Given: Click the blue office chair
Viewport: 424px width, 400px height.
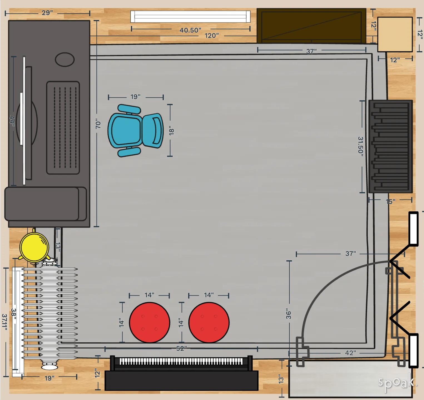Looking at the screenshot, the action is click(x=135, y=130).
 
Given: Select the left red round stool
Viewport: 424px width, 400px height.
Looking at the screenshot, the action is click(x=150, y=323).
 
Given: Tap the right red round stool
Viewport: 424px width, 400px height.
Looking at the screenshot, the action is click(x=209, y=323).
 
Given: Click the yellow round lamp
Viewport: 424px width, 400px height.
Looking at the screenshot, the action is click(x=34, y=247).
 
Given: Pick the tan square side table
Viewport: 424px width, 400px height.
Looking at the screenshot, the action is click(x=395, y=34).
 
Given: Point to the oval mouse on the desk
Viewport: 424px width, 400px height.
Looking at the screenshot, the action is click(x=65, y=60).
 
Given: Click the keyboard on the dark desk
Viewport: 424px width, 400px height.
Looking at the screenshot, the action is click(x=63, y=128).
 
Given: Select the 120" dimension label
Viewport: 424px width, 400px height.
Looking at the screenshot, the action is click(x=212, y=36).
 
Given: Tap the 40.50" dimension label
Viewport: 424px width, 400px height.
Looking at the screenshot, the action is click(x=190, y=30).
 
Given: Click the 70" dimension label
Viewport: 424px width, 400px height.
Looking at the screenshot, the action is click(x=98, y=124).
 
